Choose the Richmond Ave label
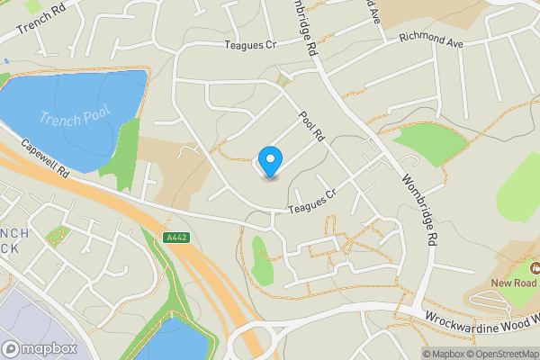[x=430, y=40]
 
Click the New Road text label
[x=514, y=283]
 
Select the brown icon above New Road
[x=534, y=267]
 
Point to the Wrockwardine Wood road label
[x=477, y=319]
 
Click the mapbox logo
[x=39, y=348]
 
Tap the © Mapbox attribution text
[x=444, y=353]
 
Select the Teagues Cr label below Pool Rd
[x=310, y=202]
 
